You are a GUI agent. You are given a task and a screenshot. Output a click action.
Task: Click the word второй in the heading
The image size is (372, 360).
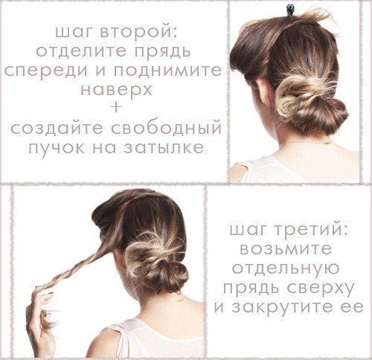point(139,31)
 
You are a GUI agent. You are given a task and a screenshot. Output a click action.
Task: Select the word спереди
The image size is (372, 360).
point(46,71)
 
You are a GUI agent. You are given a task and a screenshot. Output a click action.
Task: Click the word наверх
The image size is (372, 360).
point(116,89)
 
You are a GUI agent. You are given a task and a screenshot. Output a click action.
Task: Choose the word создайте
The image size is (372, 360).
point(57,129)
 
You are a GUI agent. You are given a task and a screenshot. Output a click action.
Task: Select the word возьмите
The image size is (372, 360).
point(286,248)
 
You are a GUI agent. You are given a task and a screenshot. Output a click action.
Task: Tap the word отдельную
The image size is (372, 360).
point(286,268)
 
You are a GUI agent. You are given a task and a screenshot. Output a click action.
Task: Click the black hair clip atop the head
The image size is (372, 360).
point(289,8)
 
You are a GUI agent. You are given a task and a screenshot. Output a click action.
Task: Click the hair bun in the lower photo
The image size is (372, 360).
point(156,263)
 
